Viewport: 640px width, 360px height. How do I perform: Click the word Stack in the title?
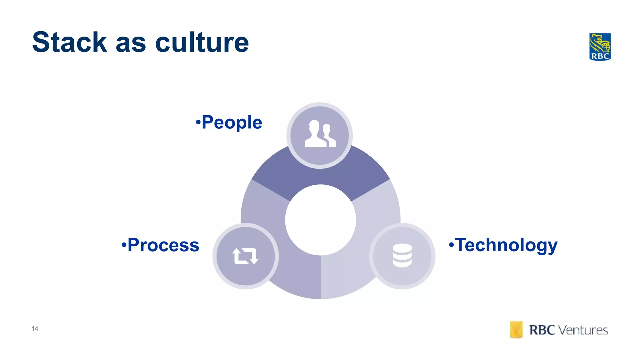click(70, 42)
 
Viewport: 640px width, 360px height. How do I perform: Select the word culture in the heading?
click(202, 42)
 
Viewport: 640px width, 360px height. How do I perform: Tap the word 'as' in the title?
click(131, 44)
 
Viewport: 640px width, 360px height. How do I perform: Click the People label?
click(232, 122)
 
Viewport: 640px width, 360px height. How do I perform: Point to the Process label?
click(163, 245)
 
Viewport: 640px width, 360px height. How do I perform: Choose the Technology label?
click(506, 245)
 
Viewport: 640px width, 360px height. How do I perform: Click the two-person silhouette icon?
click(320, 134)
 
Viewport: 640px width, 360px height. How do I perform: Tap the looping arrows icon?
click(245, 256)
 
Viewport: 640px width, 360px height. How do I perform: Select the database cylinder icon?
click(402, 255)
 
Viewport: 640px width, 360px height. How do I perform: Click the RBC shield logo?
click(600, 47)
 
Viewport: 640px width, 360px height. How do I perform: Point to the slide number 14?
click(35, 328)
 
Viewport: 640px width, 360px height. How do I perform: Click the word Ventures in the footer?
click(583, 330)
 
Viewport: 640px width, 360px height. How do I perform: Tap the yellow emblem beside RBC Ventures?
click(516, 330)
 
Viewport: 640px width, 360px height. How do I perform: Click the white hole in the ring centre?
click(320, 220)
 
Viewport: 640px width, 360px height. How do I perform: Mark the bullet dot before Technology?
click(451, 244)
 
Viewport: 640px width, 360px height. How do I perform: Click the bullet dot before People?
click(198, 122)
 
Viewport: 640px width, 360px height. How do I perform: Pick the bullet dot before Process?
click(124, 244)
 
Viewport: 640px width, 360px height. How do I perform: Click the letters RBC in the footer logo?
click(542, 330)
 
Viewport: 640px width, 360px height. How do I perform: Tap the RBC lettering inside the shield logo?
click(600, 56)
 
